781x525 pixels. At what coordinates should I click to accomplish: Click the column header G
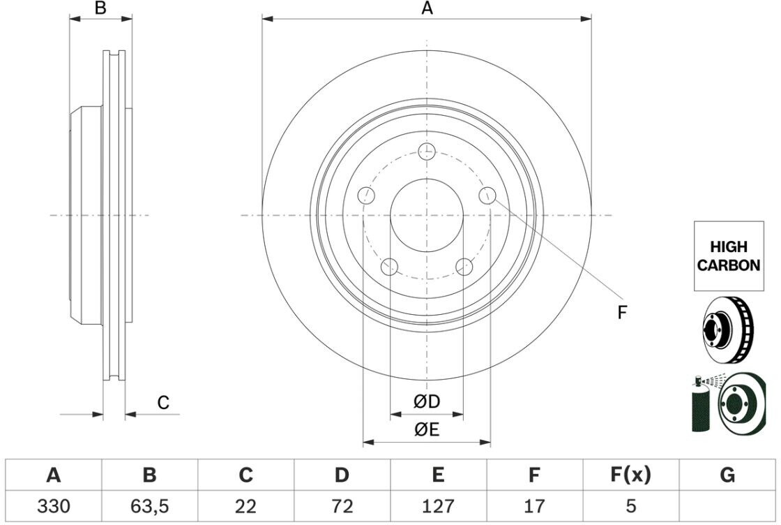(727, 476)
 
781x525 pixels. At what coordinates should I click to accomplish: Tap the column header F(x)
(630, 476)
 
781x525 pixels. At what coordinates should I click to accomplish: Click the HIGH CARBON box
(729, 256)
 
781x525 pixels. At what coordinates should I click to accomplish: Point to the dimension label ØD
(426, 401)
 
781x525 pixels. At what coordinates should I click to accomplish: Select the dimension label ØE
(426, 430)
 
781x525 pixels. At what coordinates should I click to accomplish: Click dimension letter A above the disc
(427, 8)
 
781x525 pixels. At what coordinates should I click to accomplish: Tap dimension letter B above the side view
(101, 8)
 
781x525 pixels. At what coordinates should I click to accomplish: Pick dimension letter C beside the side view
(163, 403)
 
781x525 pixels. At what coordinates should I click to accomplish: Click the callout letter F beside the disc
(622, 312)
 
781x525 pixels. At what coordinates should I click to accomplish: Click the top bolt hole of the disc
(427, 151)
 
